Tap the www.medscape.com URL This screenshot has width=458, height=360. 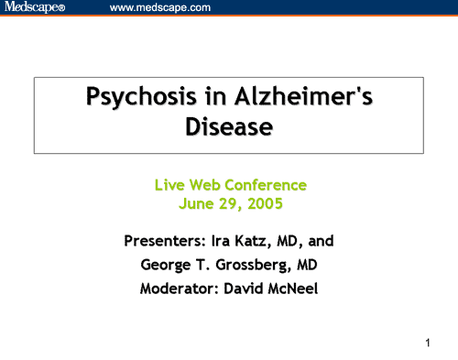(160, 8)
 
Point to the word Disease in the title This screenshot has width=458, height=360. (229, 126)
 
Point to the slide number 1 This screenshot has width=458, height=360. (428, 344)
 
